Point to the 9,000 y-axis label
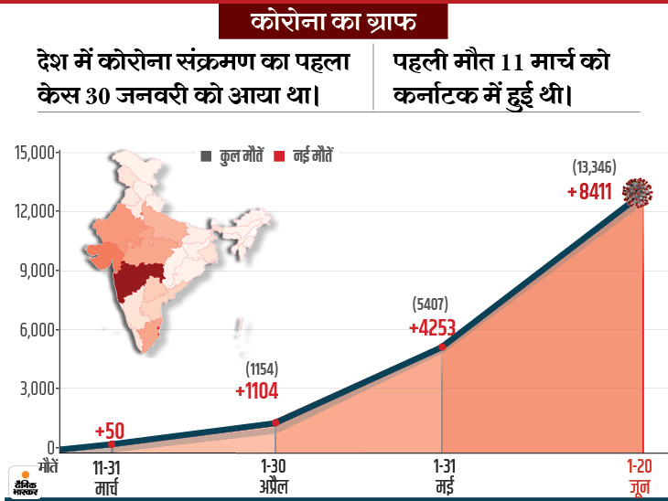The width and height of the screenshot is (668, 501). point(36,271)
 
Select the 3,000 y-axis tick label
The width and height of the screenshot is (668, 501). point(36,389)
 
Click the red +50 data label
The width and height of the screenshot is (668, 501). point(111,430)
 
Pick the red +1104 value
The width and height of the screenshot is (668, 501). point(256,390)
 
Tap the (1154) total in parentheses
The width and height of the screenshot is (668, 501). point(261,369)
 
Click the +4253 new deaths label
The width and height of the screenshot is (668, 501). point(433,326)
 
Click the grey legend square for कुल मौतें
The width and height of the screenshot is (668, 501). point(205,156)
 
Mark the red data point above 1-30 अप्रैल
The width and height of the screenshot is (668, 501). point(277,423)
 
